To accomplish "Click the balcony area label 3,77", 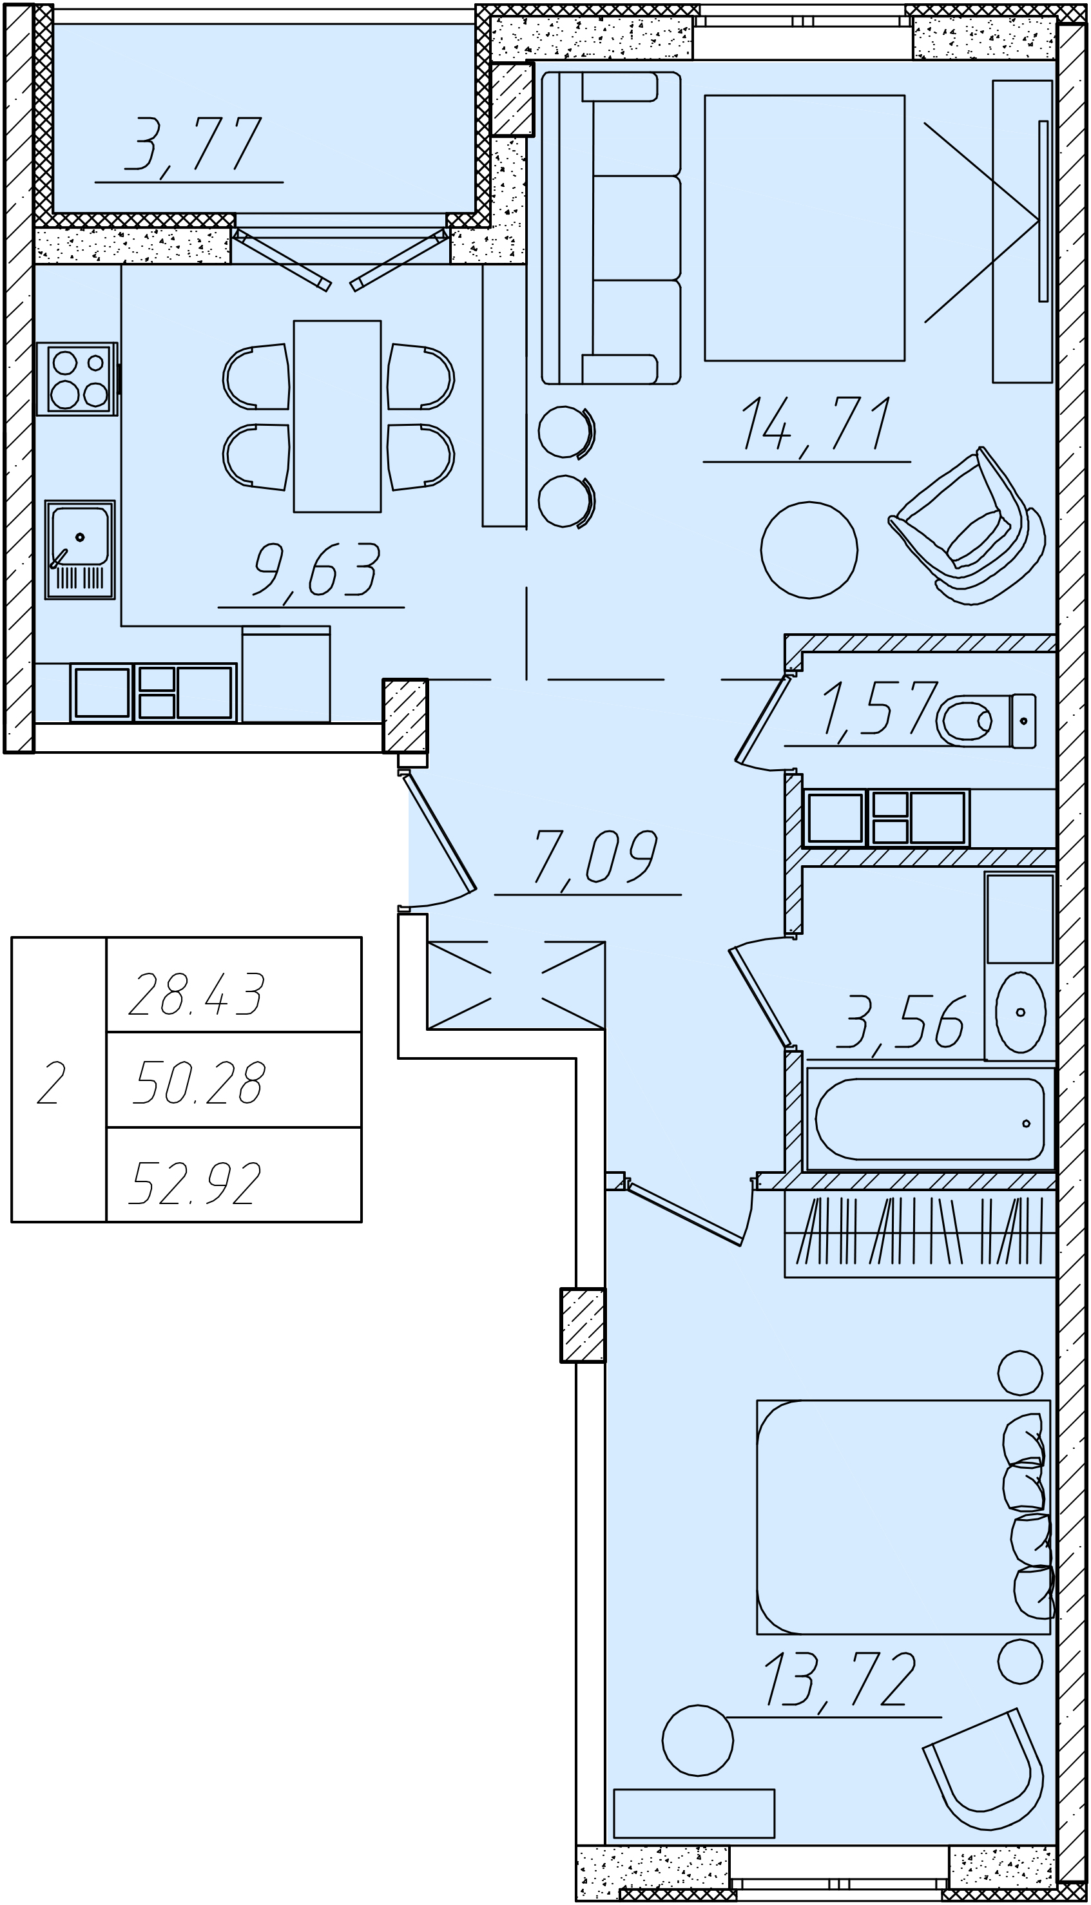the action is tap(193, 144).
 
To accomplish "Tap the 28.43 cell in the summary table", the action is tap(197, 994).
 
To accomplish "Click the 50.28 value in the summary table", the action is tap(198, 1083).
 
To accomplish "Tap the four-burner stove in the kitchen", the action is tap(77, 379).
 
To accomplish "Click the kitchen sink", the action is tap(79, 550).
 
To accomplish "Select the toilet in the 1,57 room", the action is tap(986, 721).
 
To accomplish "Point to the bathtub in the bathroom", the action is tap(930, 1119).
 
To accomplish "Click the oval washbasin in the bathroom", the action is tap(1020, 1012).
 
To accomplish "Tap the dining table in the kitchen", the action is tap(337, 417).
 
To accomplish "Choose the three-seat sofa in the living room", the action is tap(611, 227).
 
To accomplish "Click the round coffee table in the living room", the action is tap(809, 550).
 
